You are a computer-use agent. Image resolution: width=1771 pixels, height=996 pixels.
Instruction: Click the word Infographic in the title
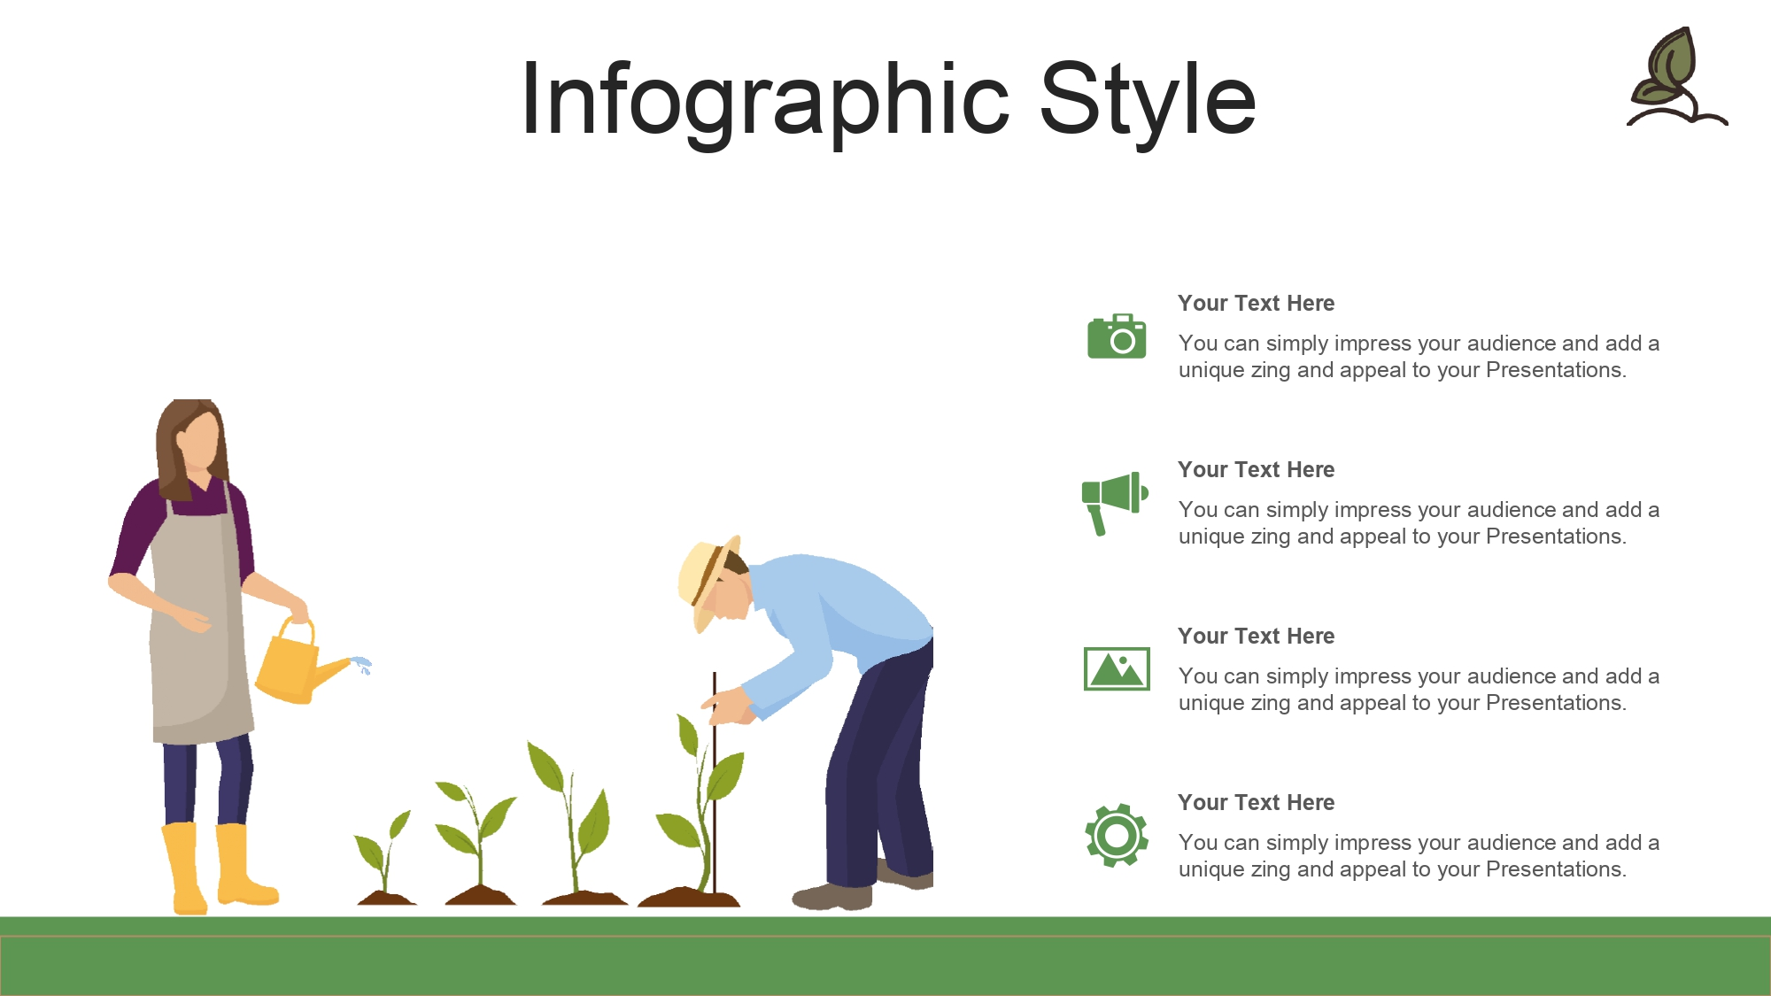pyautogui.click(x=765, y=101)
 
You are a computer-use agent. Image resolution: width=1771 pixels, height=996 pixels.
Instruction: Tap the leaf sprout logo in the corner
pyautogui.click(x=1676, y=77)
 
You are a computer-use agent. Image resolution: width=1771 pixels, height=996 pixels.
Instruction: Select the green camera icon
pyautogui.click(x=1117, y=336)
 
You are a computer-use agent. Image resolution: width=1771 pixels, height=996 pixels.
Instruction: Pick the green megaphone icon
pyautogui.click(x=1114, y=503)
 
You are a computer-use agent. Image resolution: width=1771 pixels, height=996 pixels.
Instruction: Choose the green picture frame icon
pyautogui.click(x=1117, y=668)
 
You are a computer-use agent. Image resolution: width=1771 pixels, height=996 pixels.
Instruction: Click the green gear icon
pyautogui.click(x=1117, y=835)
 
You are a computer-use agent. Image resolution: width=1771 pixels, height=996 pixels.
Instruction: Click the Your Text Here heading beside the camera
pyautogui.click(x=1256, y=303)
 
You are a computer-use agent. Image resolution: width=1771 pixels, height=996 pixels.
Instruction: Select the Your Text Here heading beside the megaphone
pyautogui.click(x=1256, y=469)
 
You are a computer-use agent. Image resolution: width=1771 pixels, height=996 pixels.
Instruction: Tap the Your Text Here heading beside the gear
pyautogui.click(x=1256, y=802)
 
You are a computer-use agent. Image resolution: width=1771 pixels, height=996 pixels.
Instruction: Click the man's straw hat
pyautogui.click(x=706, y=580)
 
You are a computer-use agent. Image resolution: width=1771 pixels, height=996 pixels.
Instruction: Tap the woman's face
pyautogui.click(x=198, y=443)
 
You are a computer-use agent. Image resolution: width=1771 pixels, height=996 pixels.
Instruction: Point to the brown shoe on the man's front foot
pyautogui.click(x=831, y=896)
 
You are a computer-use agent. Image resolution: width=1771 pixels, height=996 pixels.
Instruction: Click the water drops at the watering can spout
pyautogui.click(x=362, y=665)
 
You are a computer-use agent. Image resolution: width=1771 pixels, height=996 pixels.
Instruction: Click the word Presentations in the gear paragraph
pyautogui.click(x=1556, y=869)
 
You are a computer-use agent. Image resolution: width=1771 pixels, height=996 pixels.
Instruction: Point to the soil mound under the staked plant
pyautogui.click(x=689, y=897)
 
